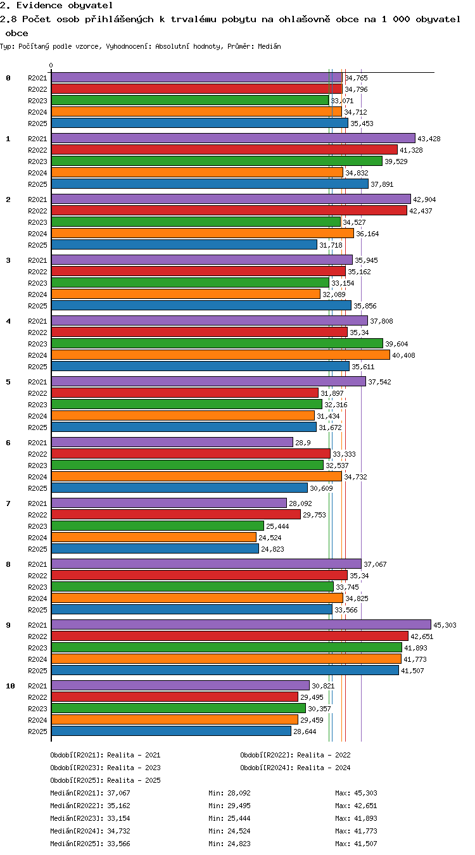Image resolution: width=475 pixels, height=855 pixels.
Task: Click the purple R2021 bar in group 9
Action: click(241, 625)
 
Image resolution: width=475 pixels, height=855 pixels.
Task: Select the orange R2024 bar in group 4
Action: click(220, 355)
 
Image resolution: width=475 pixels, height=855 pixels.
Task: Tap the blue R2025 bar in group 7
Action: click(155, 549)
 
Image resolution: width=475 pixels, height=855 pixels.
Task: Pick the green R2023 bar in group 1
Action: click(217, 161)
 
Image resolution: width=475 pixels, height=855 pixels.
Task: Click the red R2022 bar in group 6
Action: click(191, 454)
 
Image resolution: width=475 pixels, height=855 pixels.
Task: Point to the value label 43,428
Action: click(429, 139)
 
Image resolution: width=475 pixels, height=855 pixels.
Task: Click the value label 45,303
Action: click(445, 625)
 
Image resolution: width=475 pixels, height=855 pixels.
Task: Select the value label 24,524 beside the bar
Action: click(270, 538)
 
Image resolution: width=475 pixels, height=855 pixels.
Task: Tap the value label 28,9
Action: click(303, 443)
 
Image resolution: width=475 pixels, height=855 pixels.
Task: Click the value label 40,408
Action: click(403, 355)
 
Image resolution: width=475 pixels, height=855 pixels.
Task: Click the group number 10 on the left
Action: click(10, 686)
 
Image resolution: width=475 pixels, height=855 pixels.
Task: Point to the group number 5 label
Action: click(8, 382)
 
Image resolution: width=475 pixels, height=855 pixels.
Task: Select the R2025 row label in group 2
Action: click(37, 245)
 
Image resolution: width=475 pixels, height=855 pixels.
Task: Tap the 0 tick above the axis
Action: click(51, 66)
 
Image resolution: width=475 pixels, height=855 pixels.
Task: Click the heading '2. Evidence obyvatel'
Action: click(56, 5)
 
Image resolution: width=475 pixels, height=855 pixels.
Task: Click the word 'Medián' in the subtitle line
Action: click(269, 47)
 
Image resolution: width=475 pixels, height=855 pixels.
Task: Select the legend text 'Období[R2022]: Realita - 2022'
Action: click(295, 755)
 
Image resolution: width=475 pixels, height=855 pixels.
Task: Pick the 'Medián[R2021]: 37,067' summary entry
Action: click(90, 793)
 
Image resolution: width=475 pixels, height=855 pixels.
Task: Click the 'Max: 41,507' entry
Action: click(356, 844)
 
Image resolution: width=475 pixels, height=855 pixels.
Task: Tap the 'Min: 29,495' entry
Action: click(229, 806)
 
